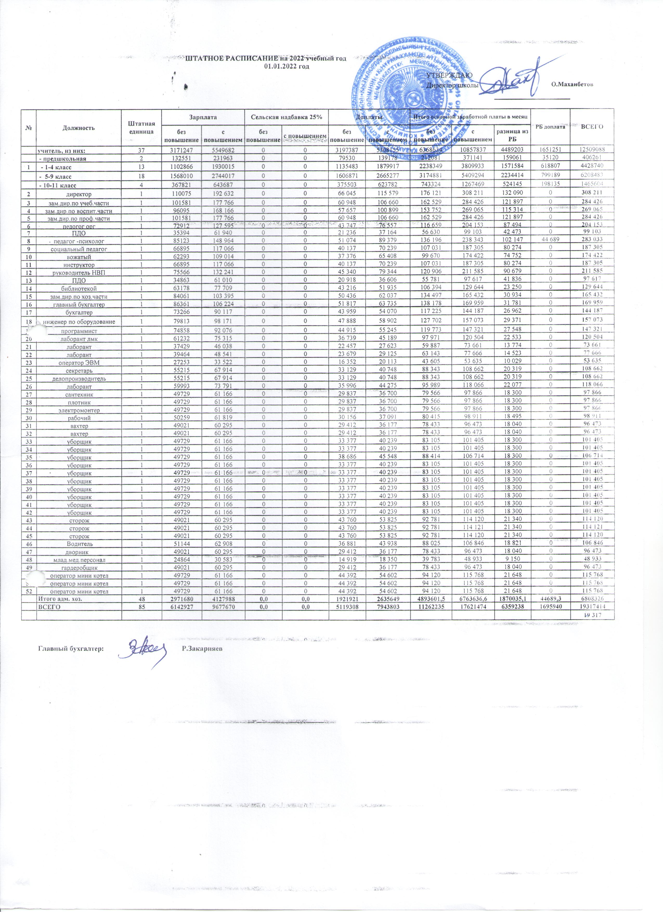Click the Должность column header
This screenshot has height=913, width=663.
tap(79, 128)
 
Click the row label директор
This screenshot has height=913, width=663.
tap(79, 193)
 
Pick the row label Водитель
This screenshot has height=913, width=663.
tap(79, 544)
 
